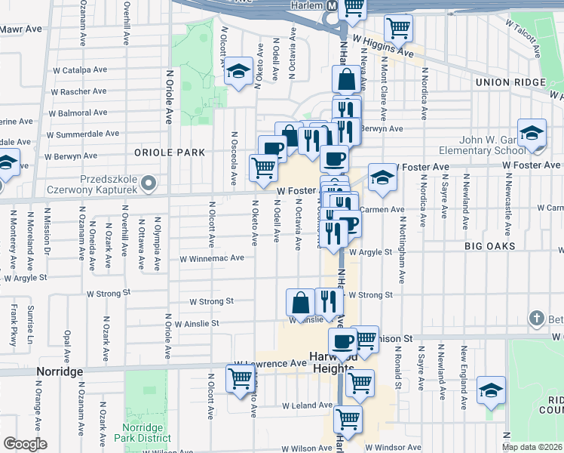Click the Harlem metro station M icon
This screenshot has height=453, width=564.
[x=330, y=5]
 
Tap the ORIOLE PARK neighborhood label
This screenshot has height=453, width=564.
[x=170, y=152]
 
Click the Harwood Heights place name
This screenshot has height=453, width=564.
[x=330, y=362]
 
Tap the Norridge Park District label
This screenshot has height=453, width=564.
[x=146, y=432]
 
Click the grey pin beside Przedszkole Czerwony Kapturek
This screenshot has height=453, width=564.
[x=148, y=183]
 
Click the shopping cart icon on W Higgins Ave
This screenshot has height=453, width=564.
[x=398, y=29]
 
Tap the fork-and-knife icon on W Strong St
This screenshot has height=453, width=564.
[x=328, y=300]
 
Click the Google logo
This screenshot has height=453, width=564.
[x=24, y=444]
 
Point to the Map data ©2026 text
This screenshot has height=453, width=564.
[x=532, y=446]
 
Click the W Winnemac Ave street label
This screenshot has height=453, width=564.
[x=211, y=257]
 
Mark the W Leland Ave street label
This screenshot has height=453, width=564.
[x=307, y=405]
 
